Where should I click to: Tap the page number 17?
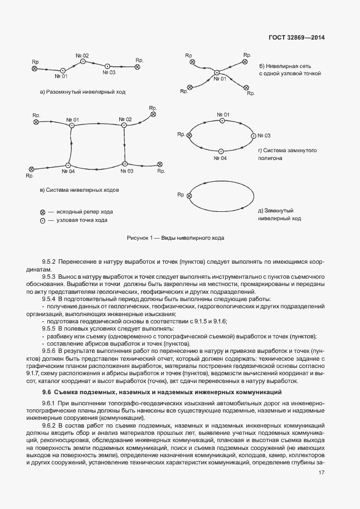[322, 473]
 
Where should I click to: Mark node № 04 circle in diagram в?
[68, 165]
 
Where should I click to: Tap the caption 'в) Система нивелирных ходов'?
[80, 190]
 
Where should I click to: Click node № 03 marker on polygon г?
[252, 135]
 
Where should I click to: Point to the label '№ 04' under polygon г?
[220, 158]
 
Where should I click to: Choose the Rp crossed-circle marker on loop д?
[189, 196]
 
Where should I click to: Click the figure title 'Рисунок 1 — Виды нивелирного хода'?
[176, 238]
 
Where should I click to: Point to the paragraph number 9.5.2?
[51, 261]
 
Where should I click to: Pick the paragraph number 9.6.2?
[51, 425]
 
